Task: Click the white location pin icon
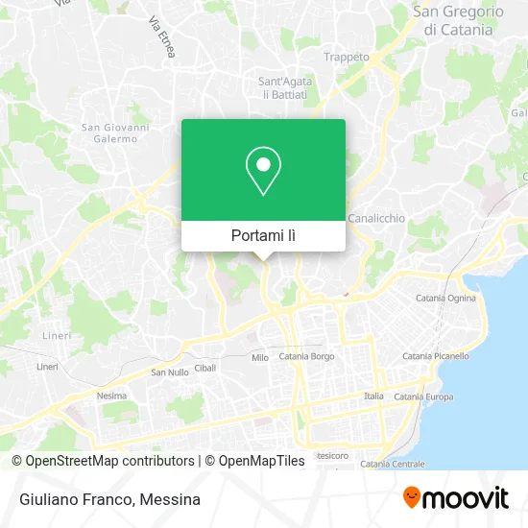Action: pyautogui.click(x=264, y=171)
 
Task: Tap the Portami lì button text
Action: pyautogui.click(x=264, y=235)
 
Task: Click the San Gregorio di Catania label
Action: pyautogui.click(x=458, y=20)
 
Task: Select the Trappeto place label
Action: pyautogui.click(x=347, y=57)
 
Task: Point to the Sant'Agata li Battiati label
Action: pyautogui.click(x=283, y=88)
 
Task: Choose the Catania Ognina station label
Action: pyautogui.click(x=444, y=299)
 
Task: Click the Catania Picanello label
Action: pyautogui.click(x=436, y=356)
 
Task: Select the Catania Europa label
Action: pyautogui.click(x=423, y=396)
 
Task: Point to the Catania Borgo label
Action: pyautogui.click(x=306, y=356)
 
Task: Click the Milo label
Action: pyautogui.click(x=260, y=357)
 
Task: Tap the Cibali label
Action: pyautogui.click(x=205, y=368)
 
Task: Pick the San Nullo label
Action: pyautogui.click(x=170, y=372)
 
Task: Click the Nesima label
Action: pyautogui.click(x=111, y=396)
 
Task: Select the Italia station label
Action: pyautogui.click(x=373, y=396)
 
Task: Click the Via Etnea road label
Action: pyautogui.click(x=162, y=38)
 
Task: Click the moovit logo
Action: pyautogui.click(x=455, y=497)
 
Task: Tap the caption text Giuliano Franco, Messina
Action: pyautogui.click(x=108, y=499)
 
